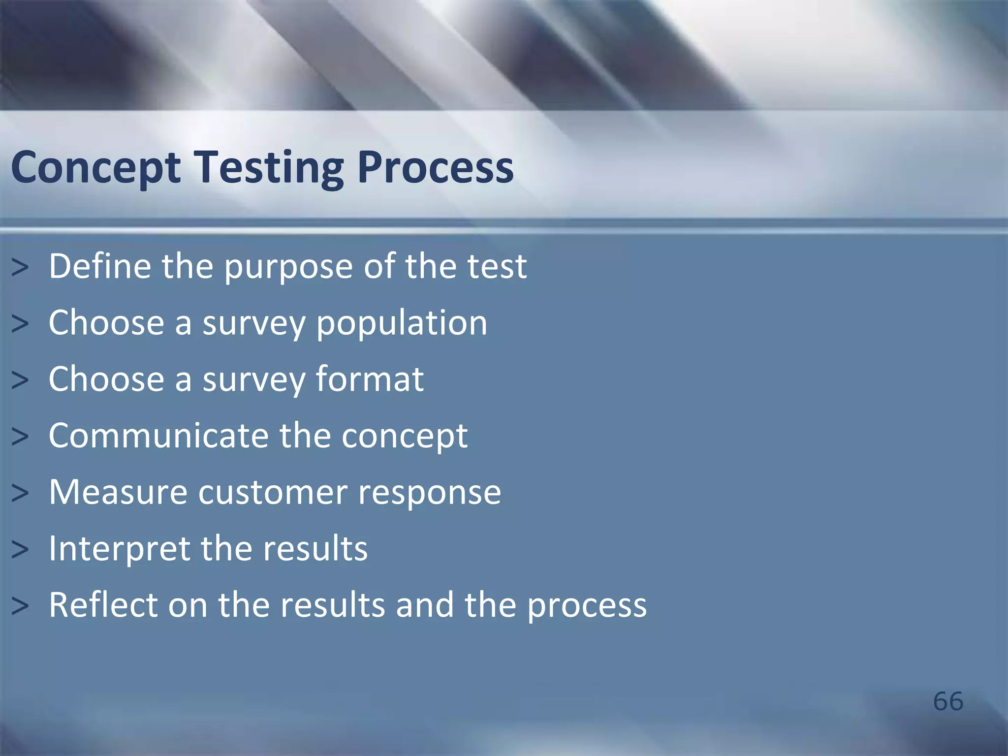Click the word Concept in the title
coord(96,168)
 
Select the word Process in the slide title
coord(435,168)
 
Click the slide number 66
coord(948,701)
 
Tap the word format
coord(369,379)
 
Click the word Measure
coord(118,492)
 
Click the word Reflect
coord(103,605)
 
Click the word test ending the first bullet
coord(497,266)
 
